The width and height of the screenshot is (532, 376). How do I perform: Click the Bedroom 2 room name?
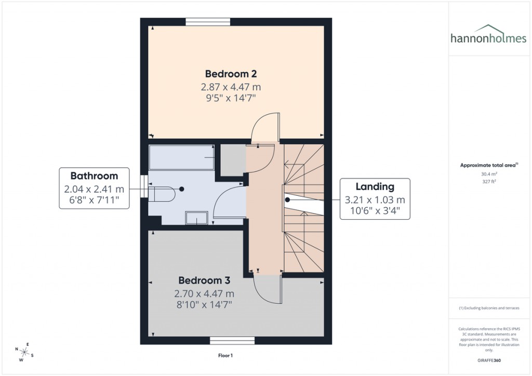coord(231,74)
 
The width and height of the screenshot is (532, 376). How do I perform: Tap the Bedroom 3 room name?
coord(204,281)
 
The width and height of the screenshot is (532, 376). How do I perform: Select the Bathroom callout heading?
coord(94,176)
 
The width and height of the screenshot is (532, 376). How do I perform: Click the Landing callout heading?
coord(375,186)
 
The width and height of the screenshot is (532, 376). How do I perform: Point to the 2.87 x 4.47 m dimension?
coord(231,86)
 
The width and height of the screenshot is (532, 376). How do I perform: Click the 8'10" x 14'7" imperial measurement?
coord(204,305)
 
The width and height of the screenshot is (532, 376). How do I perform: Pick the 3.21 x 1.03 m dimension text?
coord(375,199)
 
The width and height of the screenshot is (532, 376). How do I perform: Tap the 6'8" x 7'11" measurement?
coord(94,199)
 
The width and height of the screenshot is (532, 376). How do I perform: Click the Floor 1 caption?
coord(225,356)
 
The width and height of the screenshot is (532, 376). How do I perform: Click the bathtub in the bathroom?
coord(181,157)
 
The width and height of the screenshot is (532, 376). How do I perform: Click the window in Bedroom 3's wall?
coord(232,341)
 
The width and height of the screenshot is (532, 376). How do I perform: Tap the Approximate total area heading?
coord(487,165)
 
